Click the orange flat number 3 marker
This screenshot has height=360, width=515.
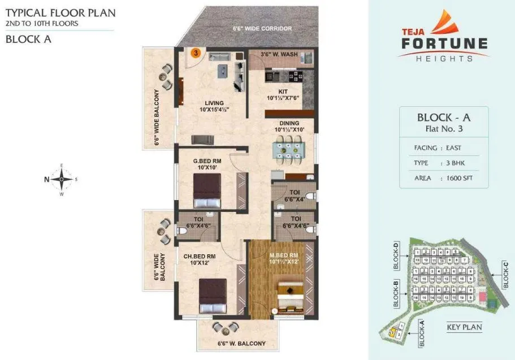point(196,53)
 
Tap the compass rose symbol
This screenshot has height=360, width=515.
point(61,179)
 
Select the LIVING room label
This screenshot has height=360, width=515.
point(214,106)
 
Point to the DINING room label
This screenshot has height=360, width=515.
point(289,126)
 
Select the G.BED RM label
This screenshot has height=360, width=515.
point(206,164)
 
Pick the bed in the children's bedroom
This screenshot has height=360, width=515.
point(212,294)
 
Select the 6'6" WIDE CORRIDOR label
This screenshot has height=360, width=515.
point(262,28)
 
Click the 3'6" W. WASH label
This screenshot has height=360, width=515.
point(276,55)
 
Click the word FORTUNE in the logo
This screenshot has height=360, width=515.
point(444,44)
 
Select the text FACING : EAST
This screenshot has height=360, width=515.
point(438,148)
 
